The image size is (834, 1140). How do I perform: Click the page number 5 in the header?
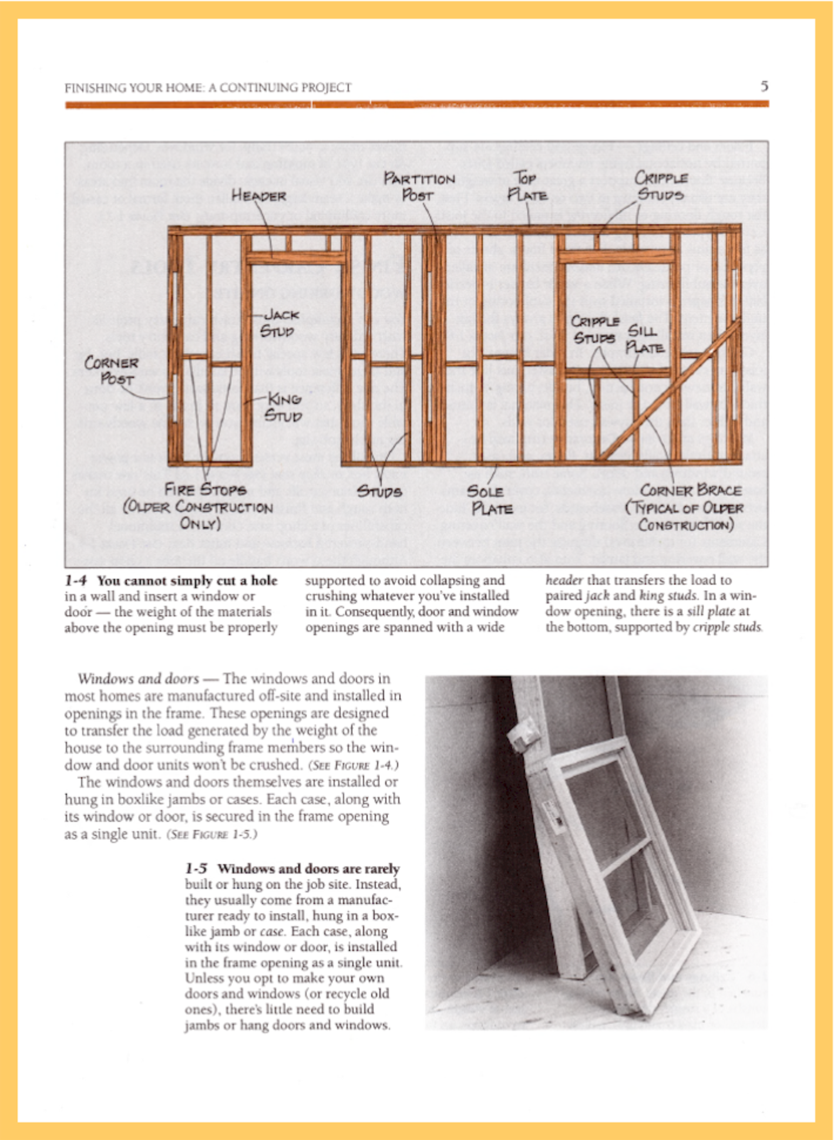764,86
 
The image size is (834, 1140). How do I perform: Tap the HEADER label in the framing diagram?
258,195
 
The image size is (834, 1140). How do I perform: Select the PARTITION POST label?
419,187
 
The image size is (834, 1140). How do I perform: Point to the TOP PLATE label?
527,186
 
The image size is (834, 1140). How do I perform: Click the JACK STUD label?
279,323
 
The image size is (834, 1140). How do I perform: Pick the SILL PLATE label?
644,339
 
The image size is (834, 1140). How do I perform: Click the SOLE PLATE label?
489,500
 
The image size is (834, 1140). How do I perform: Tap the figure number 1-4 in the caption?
76,581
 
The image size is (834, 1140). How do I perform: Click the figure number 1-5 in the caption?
196,869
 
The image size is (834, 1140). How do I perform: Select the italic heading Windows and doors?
138,679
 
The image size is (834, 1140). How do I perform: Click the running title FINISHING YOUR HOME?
207,88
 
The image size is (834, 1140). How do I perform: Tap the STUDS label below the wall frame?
379,491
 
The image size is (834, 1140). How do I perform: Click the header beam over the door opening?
296,257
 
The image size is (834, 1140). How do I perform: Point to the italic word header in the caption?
564,580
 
